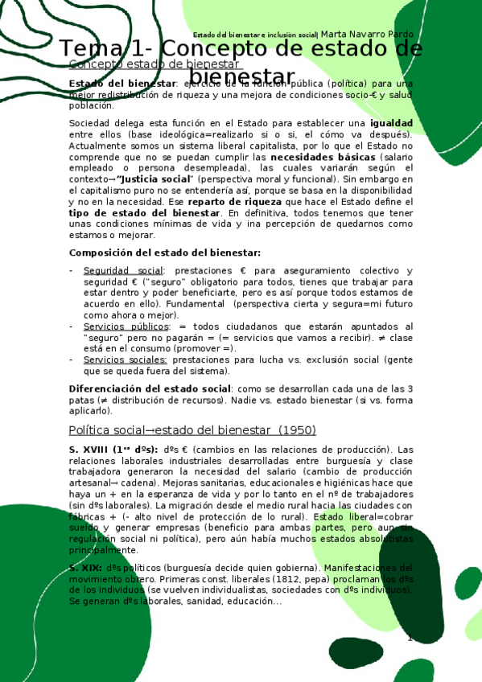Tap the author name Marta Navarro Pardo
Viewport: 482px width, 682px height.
tap(367, 35)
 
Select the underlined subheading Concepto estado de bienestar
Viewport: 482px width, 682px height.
tap(144, 64)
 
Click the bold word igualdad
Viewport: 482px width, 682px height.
tap(391, 122)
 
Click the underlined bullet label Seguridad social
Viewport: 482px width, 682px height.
tap(123, 270)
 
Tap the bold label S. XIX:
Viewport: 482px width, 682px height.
tap(85, 567)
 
